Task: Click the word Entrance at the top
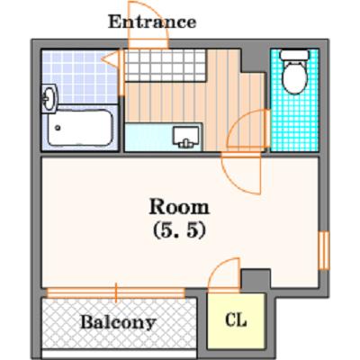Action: coord(152,22)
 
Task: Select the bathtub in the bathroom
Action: coord(79,129)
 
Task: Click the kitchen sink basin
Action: coord(188,137)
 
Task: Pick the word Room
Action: coord(179,206)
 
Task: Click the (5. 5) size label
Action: coord(179,229)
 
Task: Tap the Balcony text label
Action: coord(118,320)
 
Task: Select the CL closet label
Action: coord(236,320)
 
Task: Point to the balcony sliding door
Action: coord(117,292)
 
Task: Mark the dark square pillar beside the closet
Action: coord(256,278)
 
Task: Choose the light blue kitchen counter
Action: coord(148,137)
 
